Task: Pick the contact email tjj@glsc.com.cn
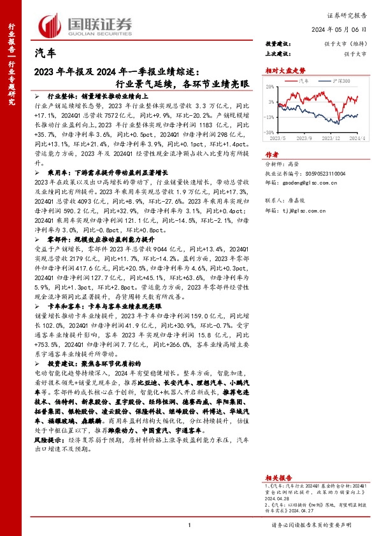(310, 209)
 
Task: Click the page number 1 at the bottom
(190, 525)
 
